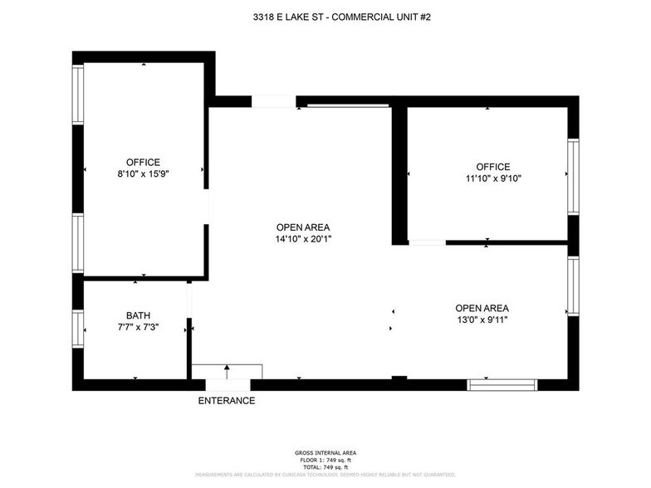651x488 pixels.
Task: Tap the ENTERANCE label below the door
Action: point(227,401)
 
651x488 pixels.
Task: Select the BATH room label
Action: point(138,315)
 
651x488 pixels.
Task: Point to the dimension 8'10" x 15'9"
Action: point(143,174)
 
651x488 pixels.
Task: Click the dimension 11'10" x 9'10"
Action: point(493,178)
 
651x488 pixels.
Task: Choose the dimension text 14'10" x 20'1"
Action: point(303,239)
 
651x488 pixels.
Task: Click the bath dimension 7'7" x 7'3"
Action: point(138,327)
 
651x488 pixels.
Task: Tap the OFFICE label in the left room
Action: point(143,162)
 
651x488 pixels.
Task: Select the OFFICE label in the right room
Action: point(493,167)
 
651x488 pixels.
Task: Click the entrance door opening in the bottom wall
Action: point(227,385)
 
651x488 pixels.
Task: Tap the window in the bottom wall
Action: point(502,385)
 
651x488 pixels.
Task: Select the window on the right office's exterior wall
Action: point(573,177)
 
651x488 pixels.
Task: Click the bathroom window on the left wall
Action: point(78,327)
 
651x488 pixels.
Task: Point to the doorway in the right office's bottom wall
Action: point(427,243)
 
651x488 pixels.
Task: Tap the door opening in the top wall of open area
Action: point(273,102)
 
